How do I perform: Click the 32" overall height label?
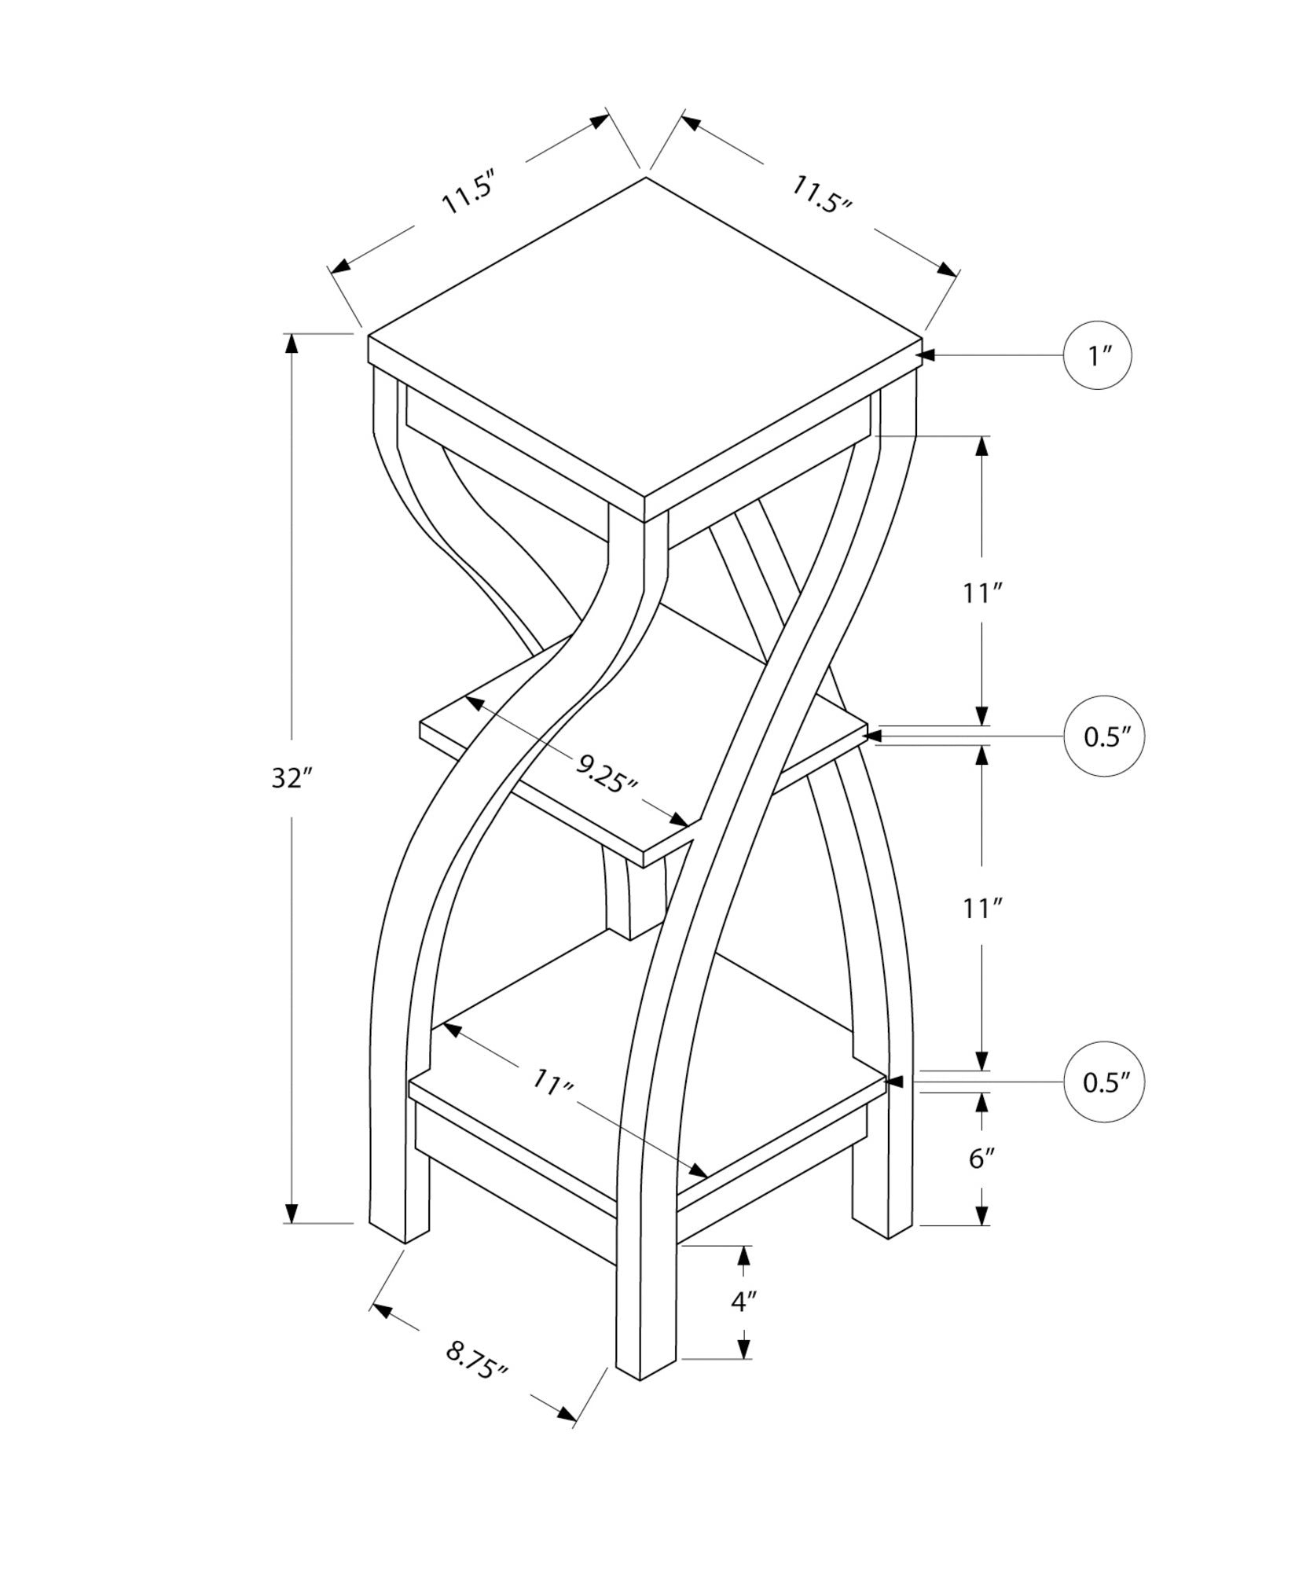coord(292,778)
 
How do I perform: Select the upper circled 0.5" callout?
coord(1103,736)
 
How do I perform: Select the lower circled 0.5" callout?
coord(1103,1082)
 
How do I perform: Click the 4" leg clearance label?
coord(743,1302)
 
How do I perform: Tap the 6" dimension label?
coord(981,1158)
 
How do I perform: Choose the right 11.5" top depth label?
coord(821,195)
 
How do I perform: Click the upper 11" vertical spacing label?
coord(980,593)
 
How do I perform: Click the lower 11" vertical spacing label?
coord(980,909)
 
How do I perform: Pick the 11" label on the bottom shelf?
coord(552,1083)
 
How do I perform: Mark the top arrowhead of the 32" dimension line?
coord(292,343)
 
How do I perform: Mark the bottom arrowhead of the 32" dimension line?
coord(292,1235)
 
